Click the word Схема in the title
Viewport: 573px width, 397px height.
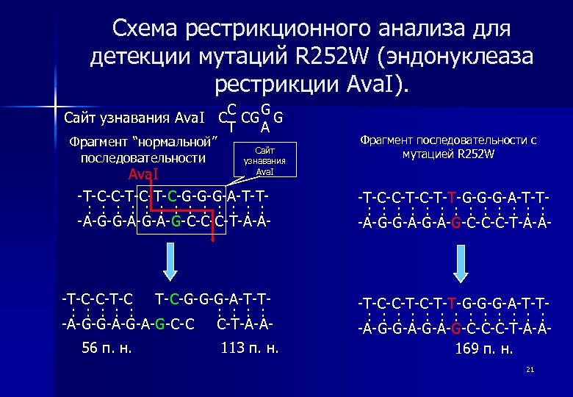(x=146, y=29)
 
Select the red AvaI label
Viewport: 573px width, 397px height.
(x=143, y=174)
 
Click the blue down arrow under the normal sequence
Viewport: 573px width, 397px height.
(x=170, y=261)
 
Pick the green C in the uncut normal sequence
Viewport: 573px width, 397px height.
(x=171, y=196)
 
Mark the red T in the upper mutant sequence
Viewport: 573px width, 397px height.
(x=453, y=198)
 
